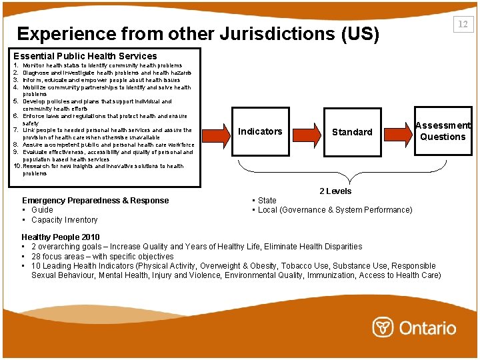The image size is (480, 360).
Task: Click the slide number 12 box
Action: pos(462,25)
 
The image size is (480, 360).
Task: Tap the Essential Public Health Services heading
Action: pos(85,56)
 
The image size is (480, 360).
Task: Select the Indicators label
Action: pos(260,131)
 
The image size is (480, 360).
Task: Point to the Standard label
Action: pos(352,132)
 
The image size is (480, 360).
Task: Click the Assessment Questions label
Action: pos(443,131)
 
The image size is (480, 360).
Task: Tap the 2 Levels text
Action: pos(335,191)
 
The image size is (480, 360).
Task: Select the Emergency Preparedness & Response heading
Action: pos(95,200)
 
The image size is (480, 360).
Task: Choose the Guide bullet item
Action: pos(42,210)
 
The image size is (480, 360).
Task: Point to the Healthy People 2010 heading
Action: pos(61,237)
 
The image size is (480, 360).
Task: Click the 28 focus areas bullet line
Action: pos(102,256)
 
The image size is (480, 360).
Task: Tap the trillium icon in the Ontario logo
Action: pos(382,327)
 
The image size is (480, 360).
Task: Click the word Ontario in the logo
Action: pos(427,328)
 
